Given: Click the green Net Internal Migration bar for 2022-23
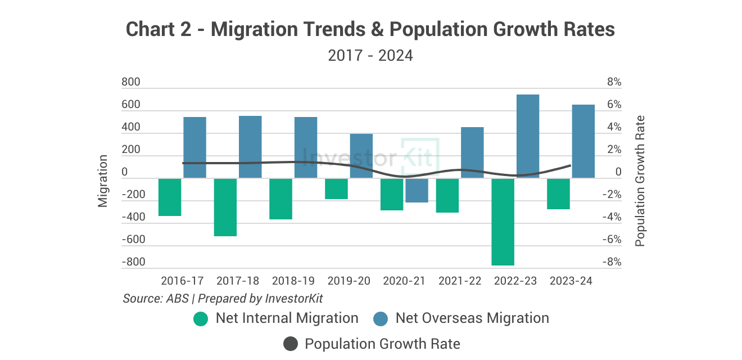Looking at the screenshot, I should click(x=503, y=222).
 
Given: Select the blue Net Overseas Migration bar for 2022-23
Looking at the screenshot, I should click(x=528, y=137).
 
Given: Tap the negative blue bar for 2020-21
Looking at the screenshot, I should click(x=417, y=191).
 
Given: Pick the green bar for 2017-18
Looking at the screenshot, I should click(x=225, y=207).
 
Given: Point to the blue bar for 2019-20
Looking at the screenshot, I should click(x=361, y=156).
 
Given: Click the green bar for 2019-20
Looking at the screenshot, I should click(x=336, y=189).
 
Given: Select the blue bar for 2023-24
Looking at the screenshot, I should click(x=583, y=142).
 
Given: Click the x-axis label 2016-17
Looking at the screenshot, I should click(x=182, y=281).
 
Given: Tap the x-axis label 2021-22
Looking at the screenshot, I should click(x=460, y=281).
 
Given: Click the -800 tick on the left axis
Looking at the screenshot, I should click(x=133, y=262).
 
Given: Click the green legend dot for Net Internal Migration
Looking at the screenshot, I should click(x=201, y=318).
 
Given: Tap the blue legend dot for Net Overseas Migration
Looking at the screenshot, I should click(x=381, y=318).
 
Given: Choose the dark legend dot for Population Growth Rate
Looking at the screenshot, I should click(x=290, y=344).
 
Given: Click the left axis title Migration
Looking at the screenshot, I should click(x=103, y=181).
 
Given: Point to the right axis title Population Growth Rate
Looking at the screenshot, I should click(x=640, y=181).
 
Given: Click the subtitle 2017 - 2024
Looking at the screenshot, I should click(x=370, y=56).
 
